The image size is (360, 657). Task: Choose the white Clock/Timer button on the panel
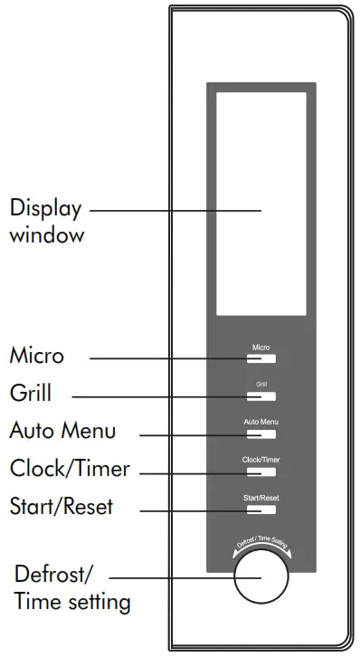(x=261, y=471)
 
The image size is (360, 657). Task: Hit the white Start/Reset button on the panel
(x=261, y=509)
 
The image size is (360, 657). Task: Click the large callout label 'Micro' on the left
(x=37, y=356)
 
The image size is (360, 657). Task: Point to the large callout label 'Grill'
(x=31, y=394)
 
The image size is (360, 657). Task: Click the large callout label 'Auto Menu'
(x=62, y=431)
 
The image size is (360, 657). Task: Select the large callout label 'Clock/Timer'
(x=70, y=469)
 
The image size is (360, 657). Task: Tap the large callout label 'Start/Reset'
(x=62, y=505)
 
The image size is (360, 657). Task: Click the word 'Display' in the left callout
(x=45, y=209)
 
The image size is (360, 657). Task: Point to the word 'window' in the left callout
(x=47, y=235)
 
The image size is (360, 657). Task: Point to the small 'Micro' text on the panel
(x=261, y=348)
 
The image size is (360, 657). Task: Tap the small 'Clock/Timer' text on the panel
(x=261, y=461)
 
